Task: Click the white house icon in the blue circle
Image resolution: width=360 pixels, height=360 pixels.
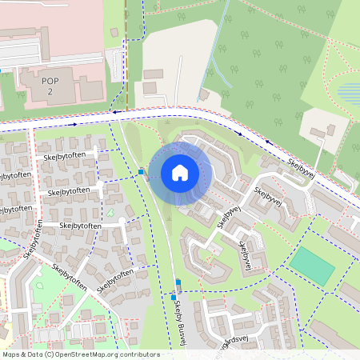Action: tap(180, 173)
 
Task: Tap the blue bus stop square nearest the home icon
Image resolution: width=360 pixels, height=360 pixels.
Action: tap(141, 171)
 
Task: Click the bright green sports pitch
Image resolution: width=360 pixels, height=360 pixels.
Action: tap(313, 266)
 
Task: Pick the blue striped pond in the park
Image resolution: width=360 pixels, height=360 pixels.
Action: tap(349, 93)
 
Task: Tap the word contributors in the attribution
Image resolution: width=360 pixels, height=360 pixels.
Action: tap(139, 354)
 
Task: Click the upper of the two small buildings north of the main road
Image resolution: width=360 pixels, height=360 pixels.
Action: tap(153, 74)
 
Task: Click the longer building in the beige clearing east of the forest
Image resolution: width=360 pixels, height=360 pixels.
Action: tap(318, 131)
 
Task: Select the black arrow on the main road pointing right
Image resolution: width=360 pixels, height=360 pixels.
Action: tap(72, 124)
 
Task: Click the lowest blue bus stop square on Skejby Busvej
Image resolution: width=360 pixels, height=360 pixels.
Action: tap(173, 298)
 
